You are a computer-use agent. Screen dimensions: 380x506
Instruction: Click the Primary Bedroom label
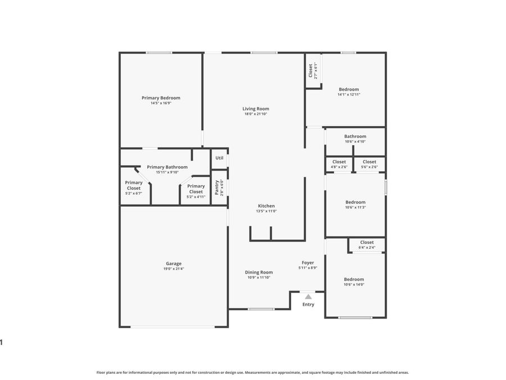[x=161, y=98]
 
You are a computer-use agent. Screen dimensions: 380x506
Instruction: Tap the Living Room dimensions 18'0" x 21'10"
[x=256, y=114]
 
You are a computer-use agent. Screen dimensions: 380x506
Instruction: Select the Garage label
[x=173, y=263]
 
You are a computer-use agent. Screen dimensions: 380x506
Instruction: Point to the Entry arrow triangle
[x=308, y=296]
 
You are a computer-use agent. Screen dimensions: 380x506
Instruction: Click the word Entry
[x=308, y=305]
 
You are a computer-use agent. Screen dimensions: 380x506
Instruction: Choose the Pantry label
[x=217, y=187]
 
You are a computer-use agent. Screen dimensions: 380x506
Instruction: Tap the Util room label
[x=219, y=158]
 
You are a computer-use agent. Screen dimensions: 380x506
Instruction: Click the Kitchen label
[x=266, y=205]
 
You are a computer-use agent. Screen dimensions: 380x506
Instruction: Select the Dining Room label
[x=259, y=272]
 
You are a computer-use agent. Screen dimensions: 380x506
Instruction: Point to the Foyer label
[x=308, y=262]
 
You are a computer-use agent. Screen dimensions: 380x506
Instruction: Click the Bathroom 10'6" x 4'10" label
[x=355, y=136]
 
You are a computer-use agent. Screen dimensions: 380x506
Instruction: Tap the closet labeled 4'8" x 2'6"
[x=339, y=162]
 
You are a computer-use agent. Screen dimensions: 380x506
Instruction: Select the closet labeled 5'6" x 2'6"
[x=369, y=162]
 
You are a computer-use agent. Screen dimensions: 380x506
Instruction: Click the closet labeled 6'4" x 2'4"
[x=367, y=243]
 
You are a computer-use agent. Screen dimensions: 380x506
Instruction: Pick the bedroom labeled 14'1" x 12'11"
[x=349, y=90]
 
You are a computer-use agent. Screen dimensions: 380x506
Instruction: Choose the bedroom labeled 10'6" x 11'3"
[x=355, y=202]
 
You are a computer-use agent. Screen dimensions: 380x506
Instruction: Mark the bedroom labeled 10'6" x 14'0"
[x=354, y=279]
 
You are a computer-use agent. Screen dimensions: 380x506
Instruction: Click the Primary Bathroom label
[x=167, y=167]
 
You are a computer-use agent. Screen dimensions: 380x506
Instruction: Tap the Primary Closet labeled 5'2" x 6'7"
[x=134, y=185]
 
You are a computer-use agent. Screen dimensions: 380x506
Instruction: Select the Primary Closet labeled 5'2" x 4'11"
[x=196, y=189]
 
